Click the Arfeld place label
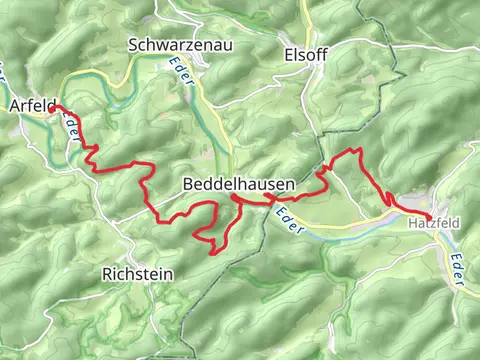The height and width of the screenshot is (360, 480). point(30,105)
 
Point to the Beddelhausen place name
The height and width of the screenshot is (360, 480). point(238,185)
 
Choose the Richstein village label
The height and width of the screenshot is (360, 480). point(138,273)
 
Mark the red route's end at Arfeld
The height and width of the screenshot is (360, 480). point(55,106)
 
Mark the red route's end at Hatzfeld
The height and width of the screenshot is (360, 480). point(430,217)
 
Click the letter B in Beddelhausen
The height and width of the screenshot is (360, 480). point(189,185)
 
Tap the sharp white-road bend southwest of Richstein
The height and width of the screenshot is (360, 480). point(100,300)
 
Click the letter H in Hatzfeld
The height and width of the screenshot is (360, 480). point(411,225)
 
